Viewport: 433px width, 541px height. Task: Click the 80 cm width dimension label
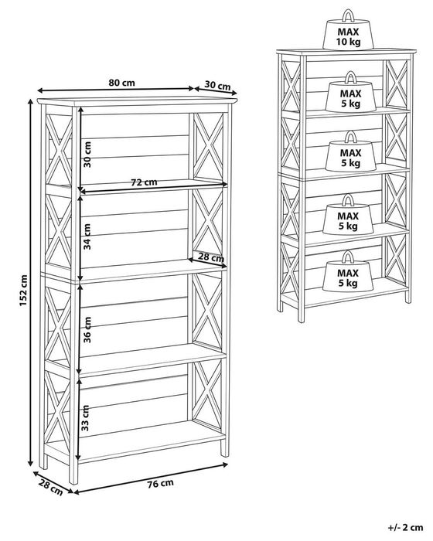click(x=122, y=83)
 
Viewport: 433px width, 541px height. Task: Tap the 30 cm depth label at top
click(x=217, y=85)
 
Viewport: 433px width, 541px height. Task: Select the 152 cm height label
click(x=22, y=290)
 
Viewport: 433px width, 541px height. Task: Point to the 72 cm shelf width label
click(x=144, y=182)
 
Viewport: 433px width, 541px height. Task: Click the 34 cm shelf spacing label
click(x=87, y=236)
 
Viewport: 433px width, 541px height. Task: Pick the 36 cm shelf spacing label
click(x=87, y=330)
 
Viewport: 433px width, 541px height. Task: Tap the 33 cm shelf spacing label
click(x=86, y=418)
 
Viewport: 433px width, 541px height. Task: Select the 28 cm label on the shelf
click(x=210, y=257)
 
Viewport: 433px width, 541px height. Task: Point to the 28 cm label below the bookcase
click(x=51, y=488)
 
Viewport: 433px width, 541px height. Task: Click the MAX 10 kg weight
click(x=348, y=30)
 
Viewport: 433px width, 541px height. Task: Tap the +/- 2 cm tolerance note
click(x=405, y=527)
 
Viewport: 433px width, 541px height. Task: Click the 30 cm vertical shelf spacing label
click(x=87, y=155)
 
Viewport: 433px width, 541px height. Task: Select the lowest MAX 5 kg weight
click(x=348, y=271)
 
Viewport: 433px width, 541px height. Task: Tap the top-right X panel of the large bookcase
click(x=208, y=146)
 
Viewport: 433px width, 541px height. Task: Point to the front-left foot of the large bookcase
click(x=73, y=473)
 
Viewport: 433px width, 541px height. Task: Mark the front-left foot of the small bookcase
click(x=301, y=315)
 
